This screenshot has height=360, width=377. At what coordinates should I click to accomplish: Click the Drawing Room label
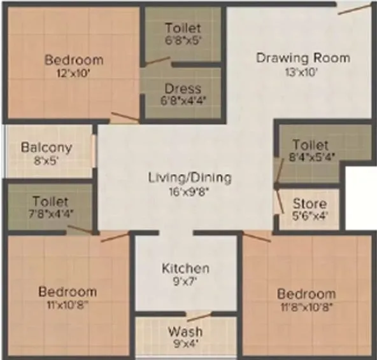(x=302, y=58)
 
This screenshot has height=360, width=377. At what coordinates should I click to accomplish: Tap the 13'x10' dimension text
(x=302, y=72)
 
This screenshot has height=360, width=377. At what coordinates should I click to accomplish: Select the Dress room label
(x=183, y=88)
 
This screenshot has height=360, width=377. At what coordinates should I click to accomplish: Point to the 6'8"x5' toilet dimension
(x=183, y=40)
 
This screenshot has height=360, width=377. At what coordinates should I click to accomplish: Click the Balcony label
(x=46, y=147)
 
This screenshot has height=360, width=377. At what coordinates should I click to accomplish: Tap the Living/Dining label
(x=190, y=177)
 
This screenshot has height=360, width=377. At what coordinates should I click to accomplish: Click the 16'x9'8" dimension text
(x=190, y=191)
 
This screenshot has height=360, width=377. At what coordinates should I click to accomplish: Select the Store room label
(x=309, y=204)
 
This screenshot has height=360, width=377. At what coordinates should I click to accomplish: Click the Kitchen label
(x=185, y=268)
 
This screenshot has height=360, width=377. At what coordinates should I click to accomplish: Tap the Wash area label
(x=185, y=331)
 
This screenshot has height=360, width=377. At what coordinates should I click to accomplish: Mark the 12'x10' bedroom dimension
(x=73, y=73)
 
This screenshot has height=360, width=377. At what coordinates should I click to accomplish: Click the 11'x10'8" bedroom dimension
(x=68, y=305)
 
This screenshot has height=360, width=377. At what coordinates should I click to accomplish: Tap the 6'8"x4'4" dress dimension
(x=183, y=100)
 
